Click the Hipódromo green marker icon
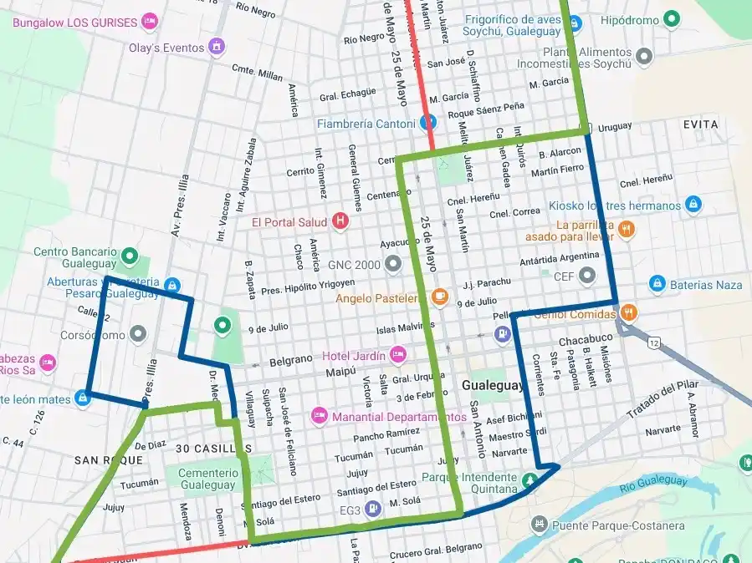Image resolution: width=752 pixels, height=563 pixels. pos(671,18)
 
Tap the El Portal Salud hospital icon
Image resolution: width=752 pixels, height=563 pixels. pos(340,222)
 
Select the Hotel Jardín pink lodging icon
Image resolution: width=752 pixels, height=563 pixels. pos(399,354)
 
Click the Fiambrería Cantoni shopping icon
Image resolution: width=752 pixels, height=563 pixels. pos(427,124)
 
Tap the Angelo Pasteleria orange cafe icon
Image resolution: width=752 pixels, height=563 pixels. pos(440,297)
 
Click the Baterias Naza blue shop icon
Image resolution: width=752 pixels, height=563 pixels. pos(657,284)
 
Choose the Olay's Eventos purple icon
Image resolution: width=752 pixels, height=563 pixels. pos(217,47)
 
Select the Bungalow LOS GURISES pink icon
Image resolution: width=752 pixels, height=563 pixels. pos(150,22)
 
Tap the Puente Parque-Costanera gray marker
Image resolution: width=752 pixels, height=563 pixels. pos(540,525)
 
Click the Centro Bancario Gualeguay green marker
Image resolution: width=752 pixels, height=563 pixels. pos(129,255)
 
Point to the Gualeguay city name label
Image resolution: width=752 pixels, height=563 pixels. pos(492,386)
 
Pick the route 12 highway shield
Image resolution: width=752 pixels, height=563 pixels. pos(653,343)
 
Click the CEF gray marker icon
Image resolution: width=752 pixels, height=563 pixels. pos(588,276)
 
